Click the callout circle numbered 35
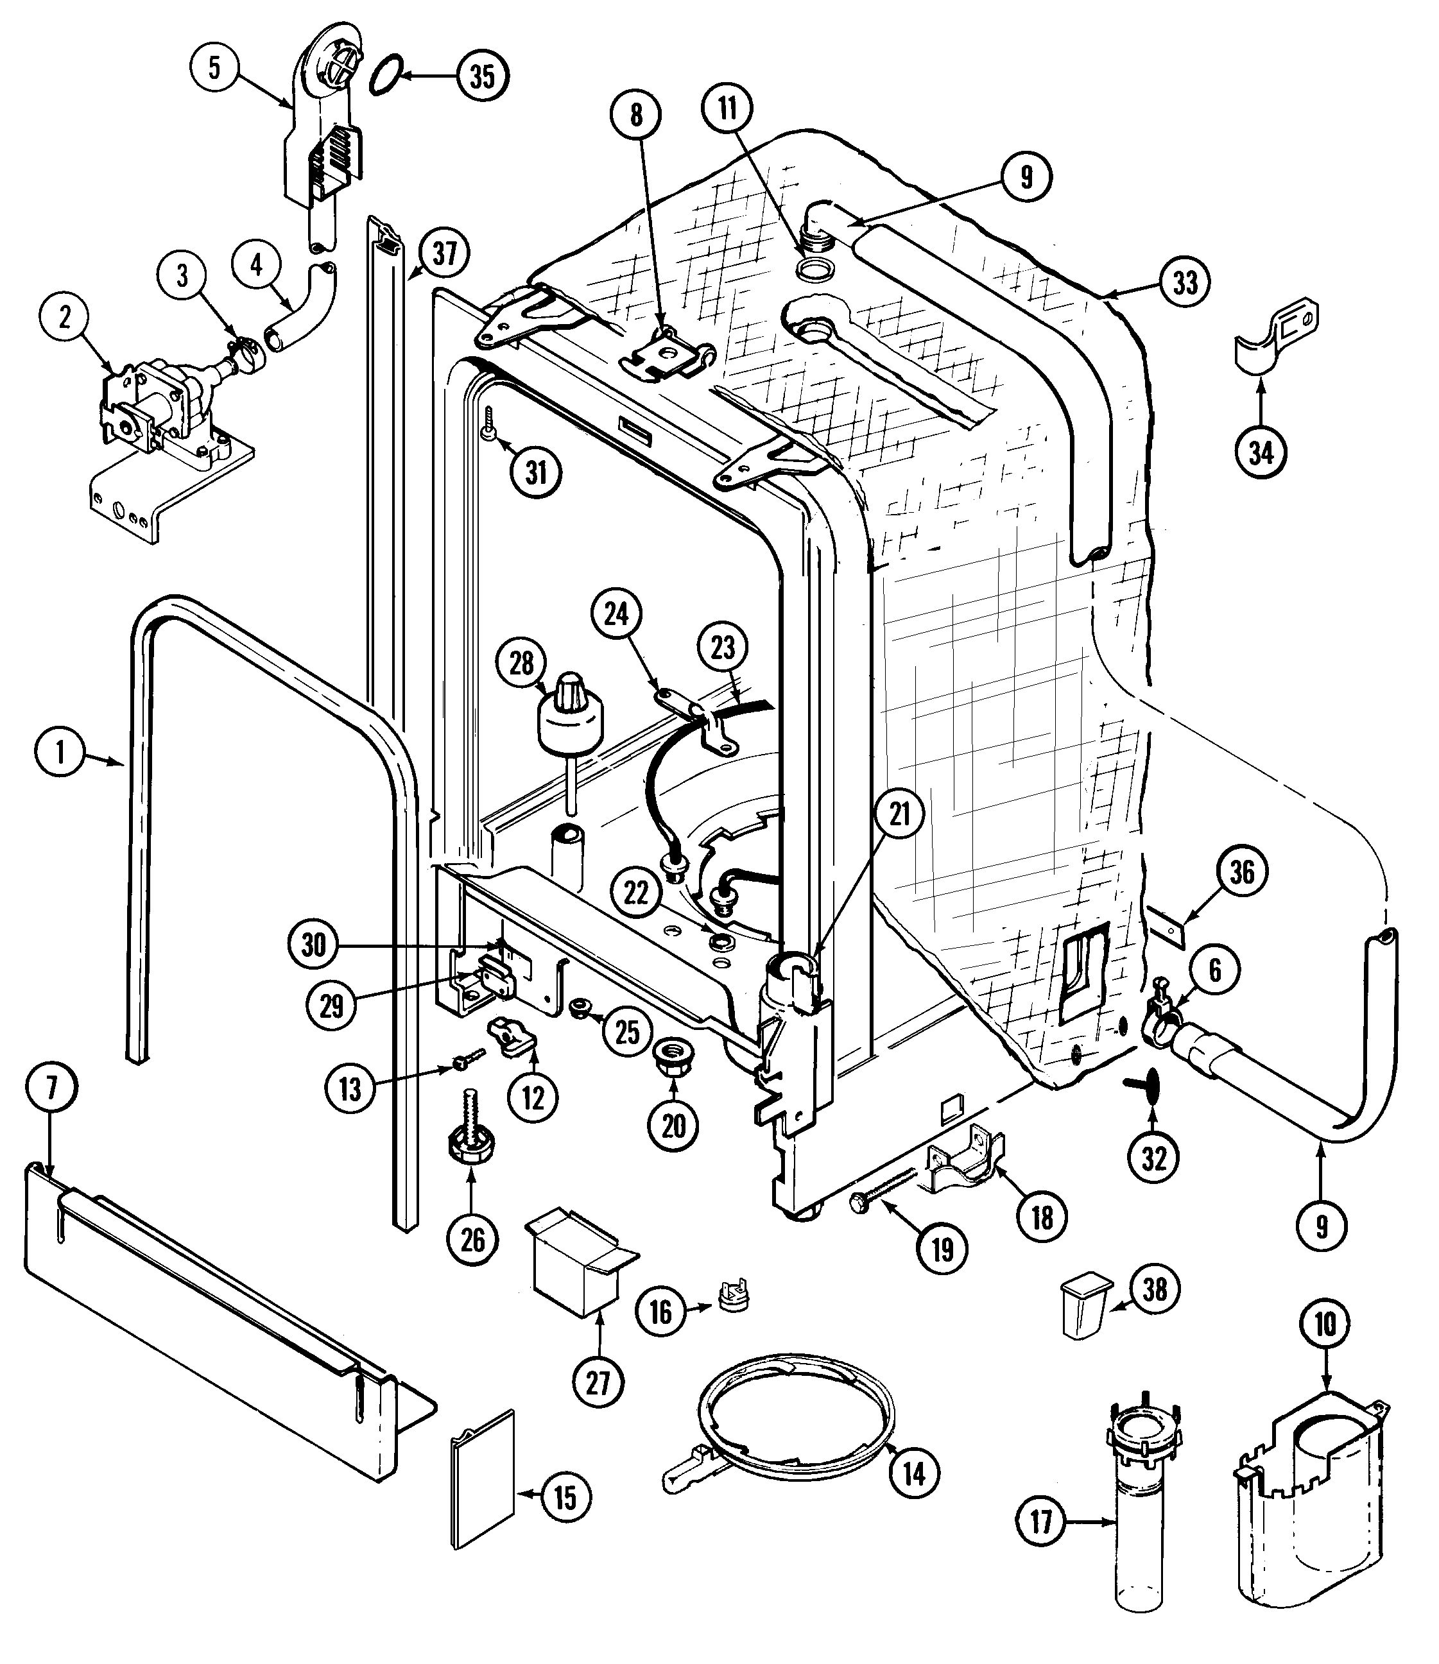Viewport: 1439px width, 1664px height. click(x=483, y=76)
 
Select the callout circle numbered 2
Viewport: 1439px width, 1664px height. click(x=65, y=317)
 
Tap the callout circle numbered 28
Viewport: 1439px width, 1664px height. click(x=522, y=664)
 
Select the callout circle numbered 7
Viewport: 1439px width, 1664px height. click(x=52, y=1088)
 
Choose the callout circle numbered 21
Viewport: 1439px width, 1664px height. click(x=900, y=814)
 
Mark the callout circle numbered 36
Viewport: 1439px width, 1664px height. click(x=1242, y=872)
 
